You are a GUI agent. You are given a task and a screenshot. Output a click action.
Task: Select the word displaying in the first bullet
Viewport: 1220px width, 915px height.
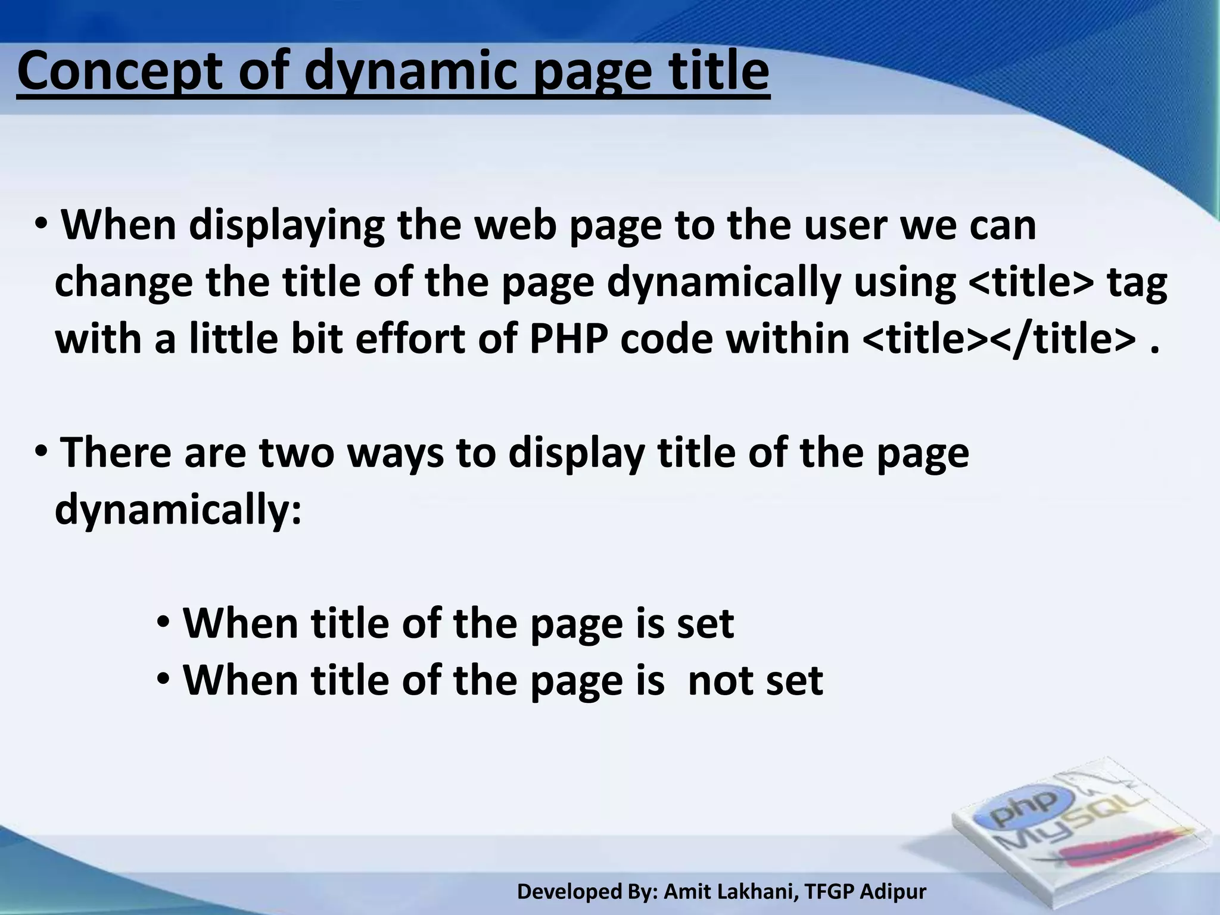(287, 226)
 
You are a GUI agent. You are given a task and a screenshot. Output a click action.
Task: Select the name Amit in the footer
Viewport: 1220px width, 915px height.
(686, 892)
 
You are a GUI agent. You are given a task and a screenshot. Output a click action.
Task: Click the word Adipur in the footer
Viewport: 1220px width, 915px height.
(894, 892)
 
